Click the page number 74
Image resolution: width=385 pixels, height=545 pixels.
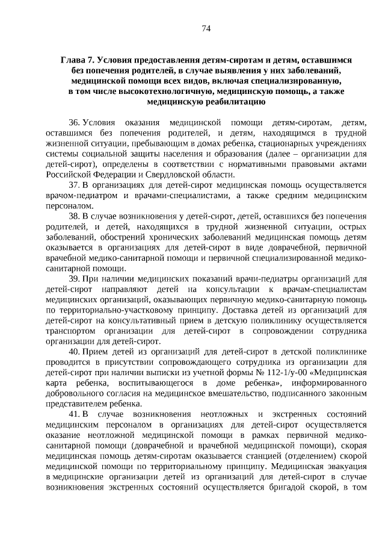pyautogui.click(x=205, y=28)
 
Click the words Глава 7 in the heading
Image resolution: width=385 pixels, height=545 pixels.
pyautogui.click(x=79, y=61)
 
